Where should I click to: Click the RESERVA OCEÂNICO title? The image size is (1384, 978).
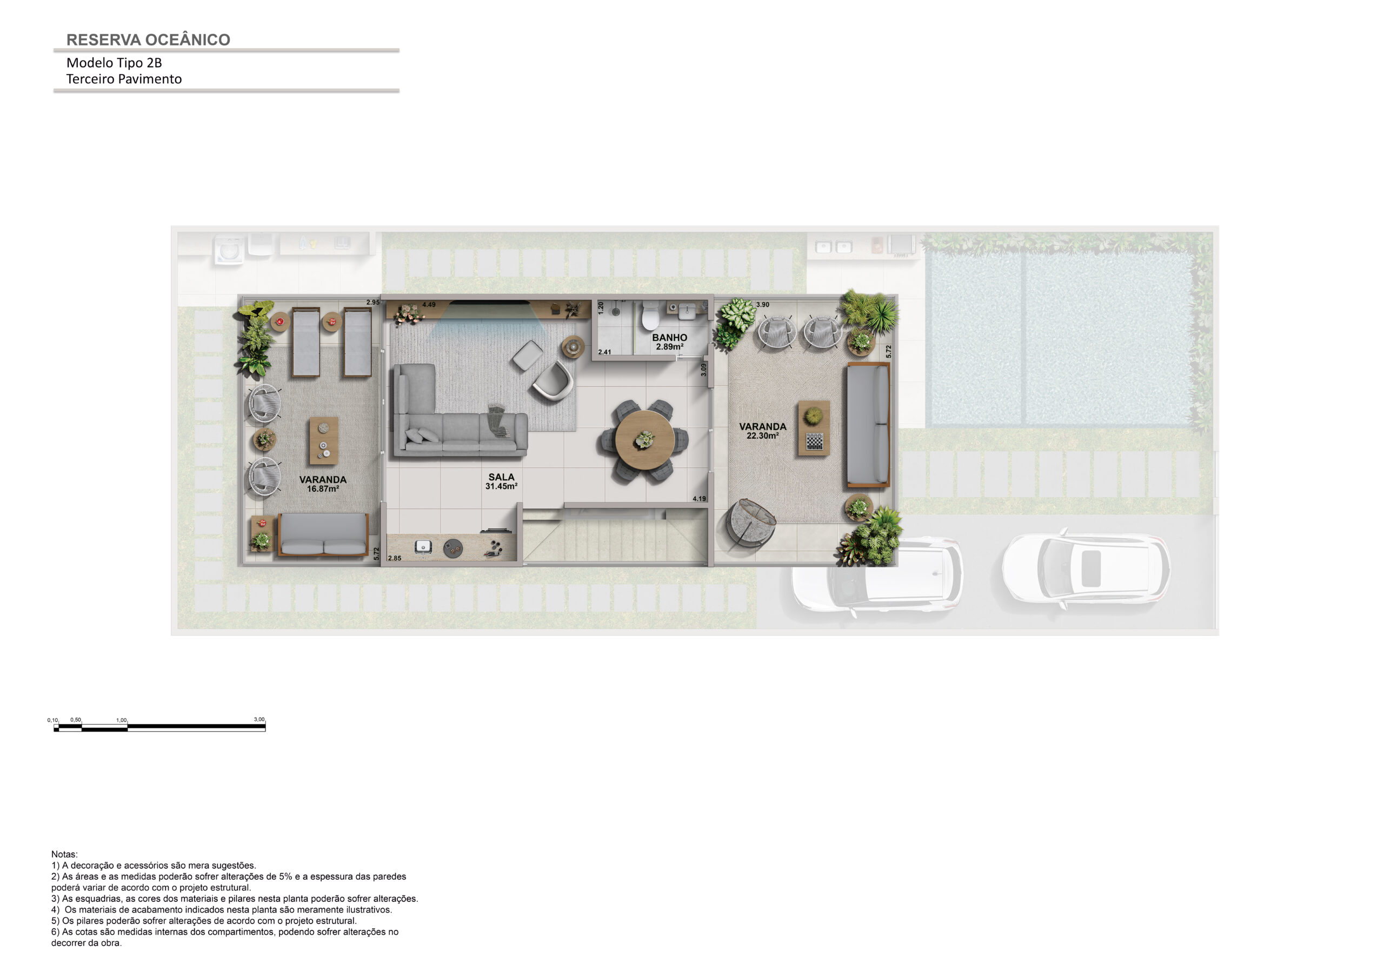(x=148, y=40)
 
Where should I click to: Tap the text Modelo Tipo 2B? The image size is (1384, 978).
(x=114, y=63)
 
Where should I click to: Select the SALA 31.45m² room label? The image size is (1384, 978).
(x=502, y=481)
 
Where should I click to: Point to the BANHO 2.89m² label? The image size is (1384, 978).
(x=669, y=342)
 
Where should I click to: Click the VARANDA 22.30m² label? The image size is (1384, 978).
(x=762, y=431)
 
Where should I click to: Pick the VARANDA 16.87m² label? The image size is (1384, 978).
(x=323, y=484)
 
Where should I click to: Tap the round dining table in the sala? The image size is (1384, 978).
(x=645, y=440)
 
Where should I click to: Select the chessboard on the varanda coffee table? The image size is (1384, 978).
(x=814, y=441)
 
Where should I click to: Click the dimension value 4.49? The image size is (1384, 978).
(x=429, y=305)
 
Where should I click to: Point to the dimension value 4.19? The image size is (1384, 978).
(x=699, y=499)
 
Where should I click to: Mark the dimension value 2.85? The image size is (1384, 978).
(x=395, y=559)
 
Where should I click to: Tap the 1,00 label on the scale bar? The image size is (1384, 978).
(x=121, y=720)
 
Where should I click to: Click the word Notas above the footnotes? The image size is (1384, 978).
(x=64, y=854)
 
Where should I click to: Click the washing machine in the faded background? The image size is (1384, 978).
(x=230, y=250)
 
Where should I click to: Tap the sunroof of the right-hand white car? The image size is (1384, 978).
(x=1091, y=568)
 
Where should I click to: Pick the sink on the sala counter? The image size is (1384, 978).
(x=423, y=547)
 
